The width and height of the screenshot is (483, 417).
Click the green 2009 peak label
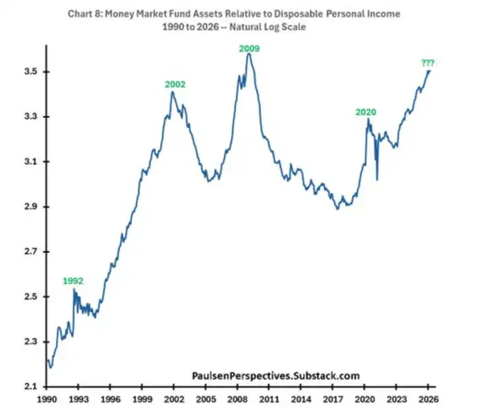click(249, 48)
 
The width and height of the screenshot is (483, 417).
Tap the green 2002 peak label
click(175, 85)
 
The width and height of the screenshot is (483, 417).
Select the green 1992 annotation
click(74, 281)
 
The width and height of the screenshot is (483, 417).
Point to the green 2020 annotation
click(366, 112)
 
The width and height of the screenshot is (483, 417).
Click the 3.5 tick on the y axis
click(28, 72)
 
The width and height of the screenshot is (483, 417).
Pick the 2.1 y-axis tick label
click(28, 387)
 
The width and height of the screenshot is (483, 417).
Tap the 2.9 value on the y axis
click(28, 207)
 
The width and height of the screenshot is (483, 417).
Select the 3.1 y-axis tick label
click(28, 162)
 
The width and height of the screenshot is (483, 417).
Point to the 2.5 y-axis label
click(28, 297)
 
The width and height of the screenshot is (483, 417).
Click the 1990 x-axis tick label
click(48, 399)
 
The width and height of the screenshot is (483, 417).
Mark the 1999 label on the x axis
click(143, 399)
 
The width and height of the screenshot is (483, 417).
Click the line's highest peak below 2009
click(248, 54)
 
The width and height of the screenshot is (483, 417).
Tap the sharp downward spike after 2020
click(377, 180)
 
